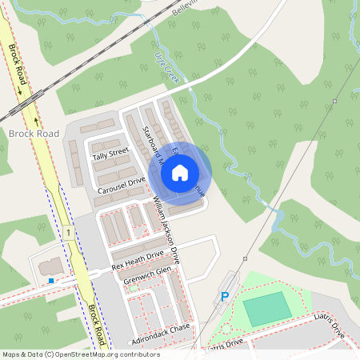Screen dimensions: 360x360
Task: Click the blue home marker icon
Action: click(180, 172)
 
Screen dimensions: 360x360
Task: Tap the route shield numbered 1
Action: click(70, 233)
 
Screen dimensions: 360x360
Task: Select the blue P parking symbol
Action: click(225, 297)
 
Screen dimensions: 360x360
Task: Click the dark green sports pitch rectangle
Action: click(266, 308)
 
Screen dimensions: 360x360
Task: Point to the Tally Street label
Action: click(110, 152)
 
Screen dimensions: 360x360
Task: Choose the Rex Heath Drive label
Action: click(137, 258)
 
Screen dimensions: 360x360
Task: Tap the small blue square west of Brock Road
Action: click(52, 281)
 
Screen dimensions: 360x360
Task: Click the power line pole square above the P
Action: click(245, 258)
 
